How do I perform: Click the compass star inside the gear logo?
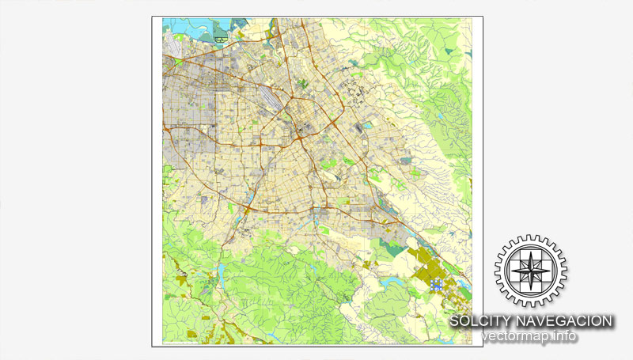click(x=531, y=271)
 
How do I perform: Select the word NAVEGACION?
click(x=568, y=321)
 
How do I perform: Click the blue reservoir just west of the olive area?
click(x=390, y=281)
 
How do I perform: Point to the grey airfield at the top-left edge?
click(x=175, y=59)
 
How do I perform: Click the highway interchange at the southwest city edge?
click(x=248, y=209)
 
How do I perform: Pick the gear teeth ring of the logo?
click(x=531, y=241)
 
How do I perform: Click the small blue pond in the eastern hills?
click(x=406, y=161)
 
